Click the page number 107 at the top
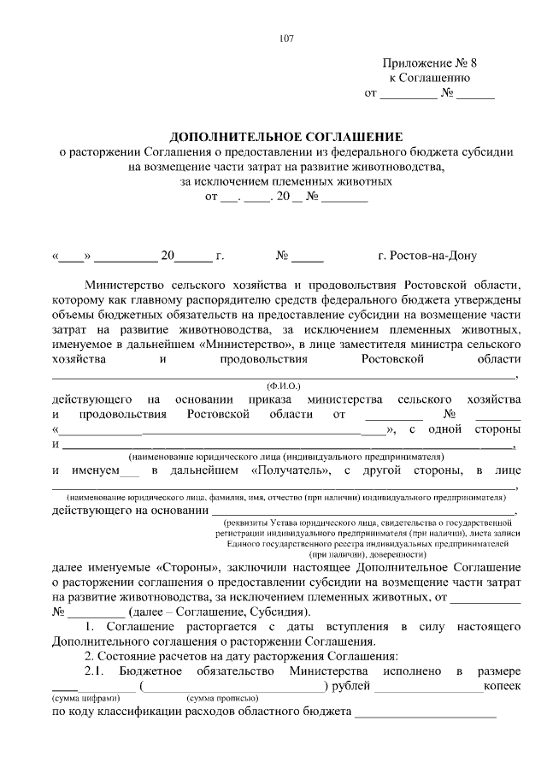[286, 37]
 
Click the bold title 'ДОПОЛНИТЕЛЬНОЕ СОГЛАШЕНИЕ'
[285, 137]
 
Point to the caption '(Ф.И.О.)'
[285, 387]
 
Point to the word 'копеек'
[502, 686]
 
